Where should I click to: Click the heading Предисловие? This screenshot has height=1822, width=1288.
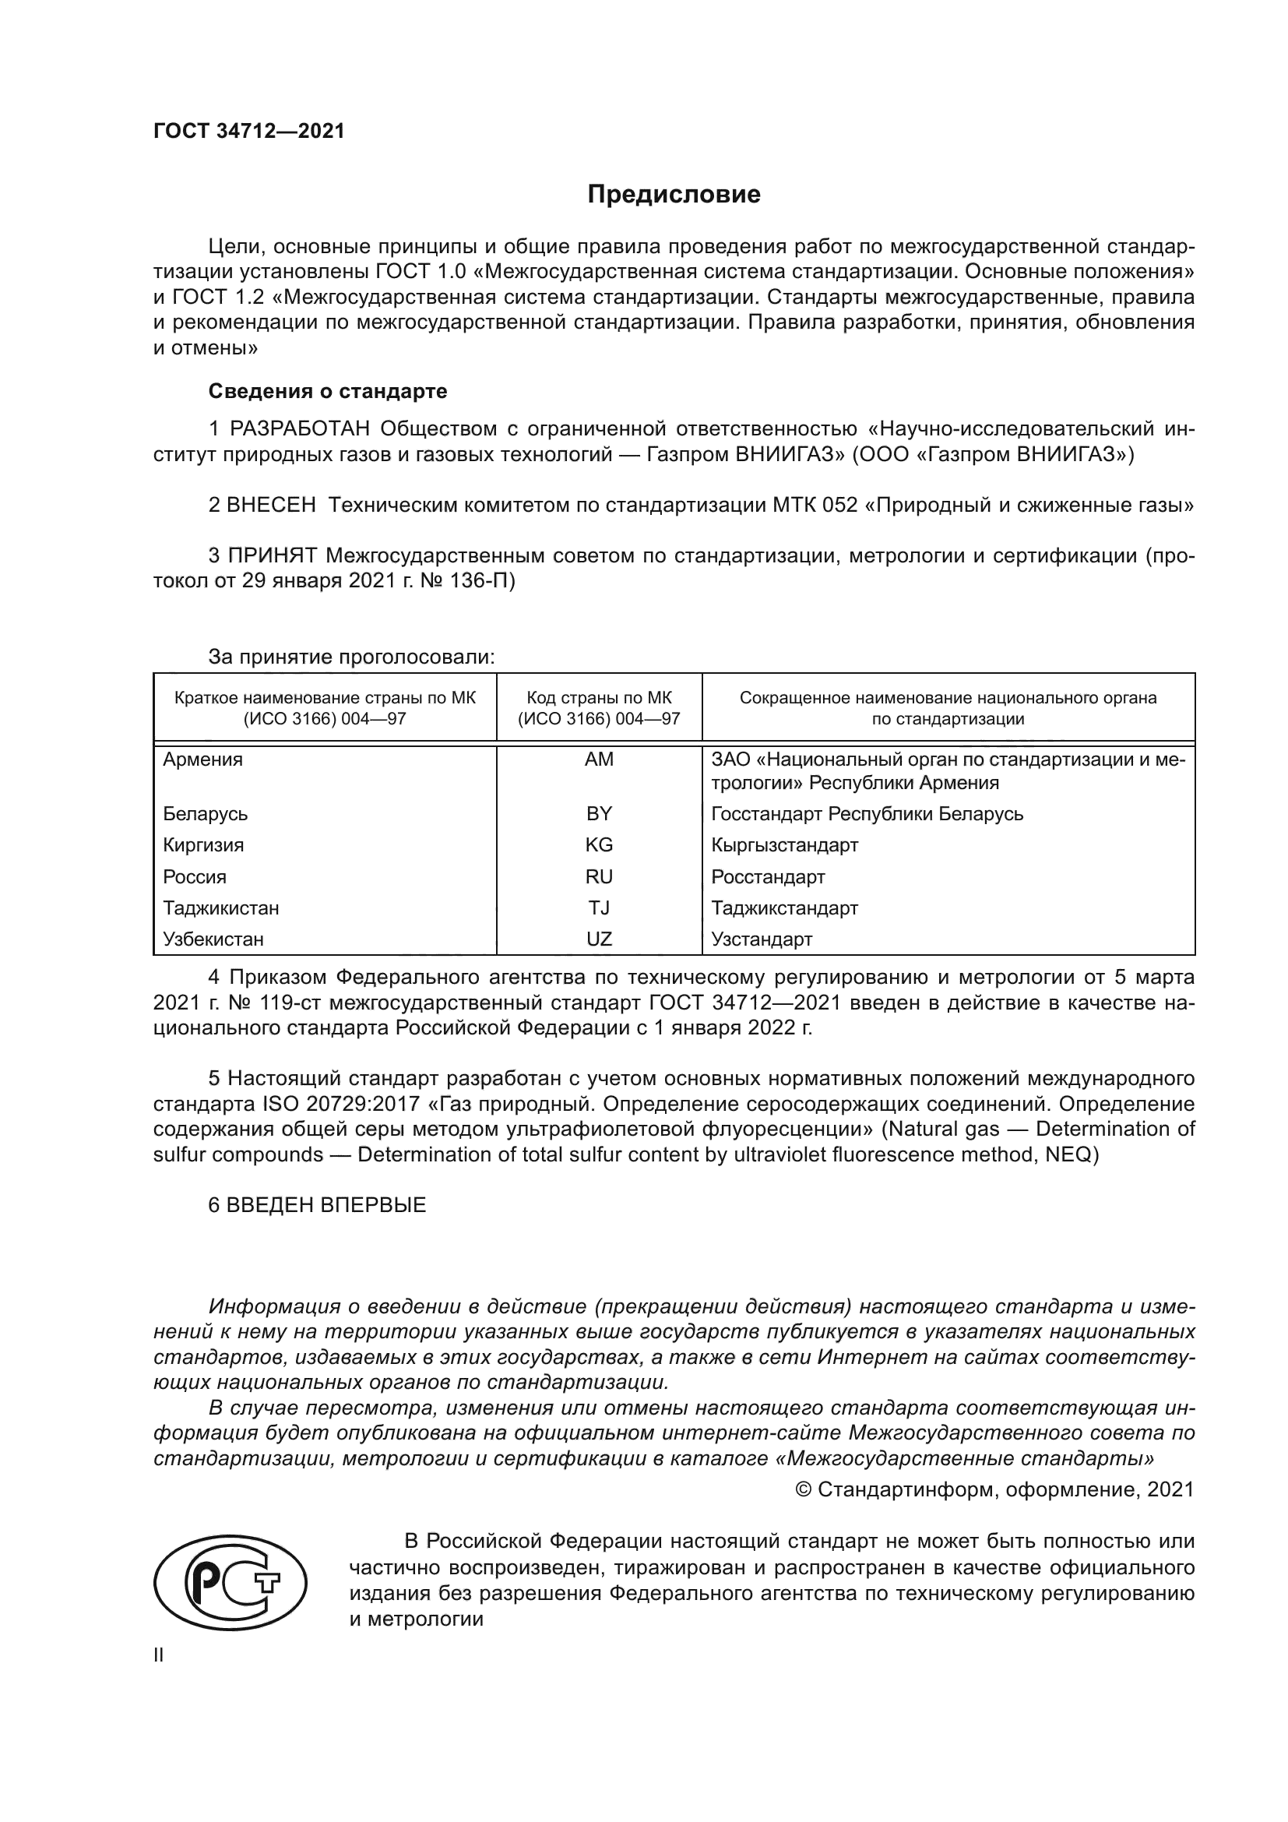[674, 195]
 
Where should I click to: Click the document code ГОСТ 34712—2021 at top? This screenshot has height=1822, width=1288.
[249, 132]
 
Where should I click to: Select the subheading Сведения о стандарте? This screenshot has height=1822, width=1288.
[328, 391]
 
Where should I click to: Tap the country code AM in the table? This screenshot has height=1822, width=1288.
[599, 759]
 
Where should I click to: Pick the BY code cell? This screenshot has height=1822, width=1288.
[599, 813]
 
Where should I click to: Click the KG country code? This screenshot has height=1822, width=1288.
[599, 845]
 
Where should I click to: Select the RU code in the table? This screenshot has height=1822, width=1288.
[599, 877]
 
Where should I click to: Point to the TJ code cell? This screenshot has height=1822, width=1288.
[599, 907]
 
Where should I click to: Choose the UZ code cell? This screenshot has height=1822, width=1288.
[599, 939]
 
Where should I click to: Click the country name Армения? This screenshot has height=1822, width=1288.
[203, 759]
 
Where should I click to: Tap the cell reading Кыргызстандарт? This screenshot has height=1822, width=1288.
[784, 845]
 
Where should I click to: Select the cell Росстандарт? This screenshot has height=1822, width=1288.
[768, 877]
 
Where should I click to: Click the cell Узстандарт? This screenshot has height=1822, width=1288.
[762, 939]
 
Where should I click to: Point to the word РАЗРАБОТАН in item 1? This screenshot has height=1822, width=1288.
[300, 429]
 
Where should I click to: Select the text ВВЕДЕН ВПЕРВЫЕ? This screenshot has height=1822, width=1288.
[326, 1205]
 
